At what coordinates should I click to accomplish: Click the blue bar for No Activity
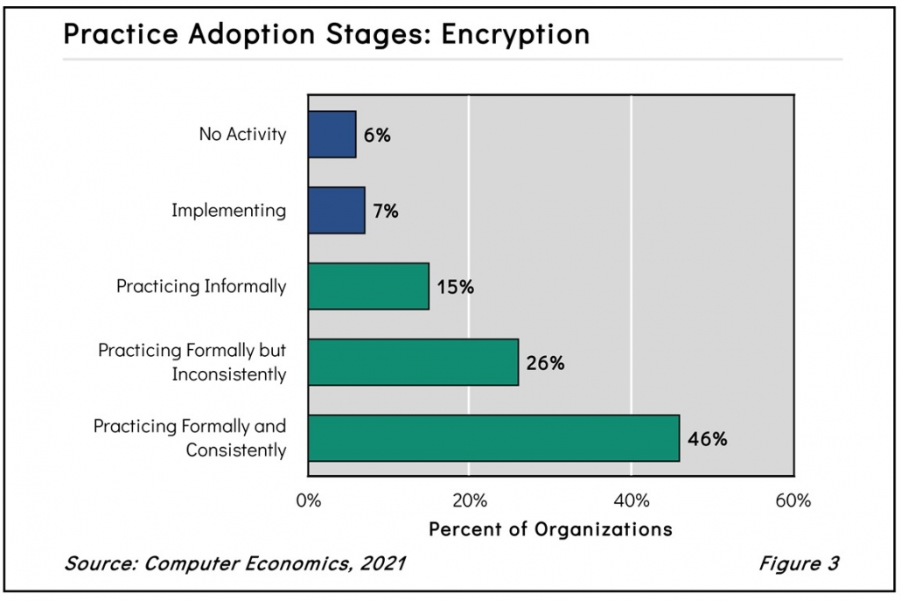pyautogui.click(x=332, y=135)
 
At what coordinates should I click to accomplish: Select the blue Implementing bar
pyautogui.click(x=336, y=210)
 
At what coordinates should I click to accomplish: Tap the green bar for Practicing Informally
pyautogui.click(x=368, y=286)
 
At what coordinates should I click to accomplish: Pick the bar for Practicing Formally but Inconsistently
pyautogui.click(x=413, y=362)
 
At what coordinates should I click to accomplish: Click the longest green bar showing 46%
pyautogui.click(x=493, y=438)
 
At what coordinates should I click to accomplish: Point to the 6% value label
pyautogui.click(x=377, y=136)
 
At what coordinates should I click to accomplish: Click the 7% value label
pyautogui.click(x=385, y=211)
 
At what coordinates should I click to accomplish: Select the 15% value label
pyautogui.click(x=455, y=287)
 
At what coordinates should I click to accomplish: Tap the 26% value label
pyautogui.click(x=544, y=363)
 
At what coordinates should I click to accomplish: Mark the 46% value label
pyautogui.click(x=707, y=439)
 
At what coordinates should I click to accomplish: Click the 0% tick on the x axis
pyautogui.click(x=309, y=501)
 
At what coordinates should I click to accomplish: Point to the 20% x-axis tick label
pyautogui.click(x=470, y=501)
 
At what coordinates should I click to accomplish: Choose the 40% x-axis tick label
pyautogui.click(x=632, y=501)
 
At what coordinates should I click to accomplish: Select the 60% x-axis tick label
pyautogui.click(x=793, y=501)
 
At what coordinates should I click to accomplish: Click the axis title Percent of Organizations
pyautogui.click(x=550, y=530)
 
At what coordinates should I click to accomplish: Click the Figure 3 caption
pyautogui.click(x=798, y=563)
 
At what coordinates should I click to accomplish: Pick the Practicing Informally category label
pyautogui.click(x=201, y=286)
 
